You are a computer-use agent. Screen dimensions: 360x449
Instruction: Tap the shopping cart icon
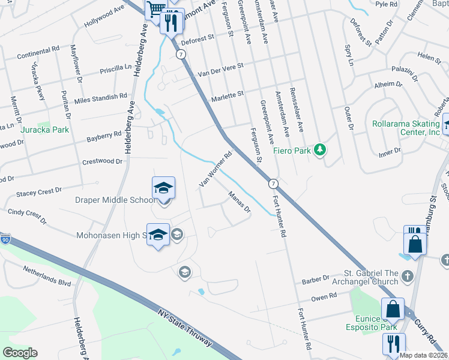point(155,9)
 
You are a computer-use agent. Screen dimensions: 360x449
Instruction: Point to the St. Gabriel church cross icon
point(408,276)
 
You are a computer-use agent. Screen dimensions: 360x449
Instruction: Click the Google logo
point(19,353)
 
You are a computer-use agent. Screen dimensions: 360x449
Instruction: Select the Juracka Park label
point(44,129)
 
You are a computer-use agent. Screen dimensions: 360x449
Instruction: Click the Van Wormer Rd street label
point(215,169)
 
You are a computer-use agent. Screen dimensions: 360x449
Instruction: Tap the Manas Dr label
point(239,203)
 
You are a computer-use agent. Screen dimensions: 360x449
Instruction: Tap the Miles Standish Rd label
point(100,97)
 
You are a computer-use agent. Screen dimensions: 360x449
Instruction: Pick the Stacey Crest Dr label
point(39,191)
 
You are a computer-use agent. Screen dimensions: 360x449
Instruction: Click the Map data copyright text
point(424,355)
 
